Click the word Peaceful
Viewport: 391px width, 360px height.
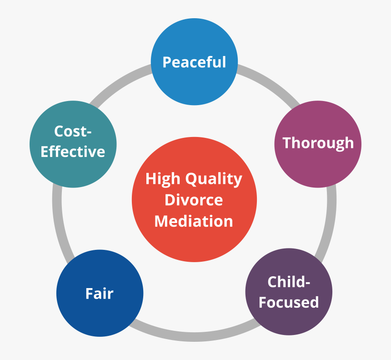pyautogui.click(x=194, y=62)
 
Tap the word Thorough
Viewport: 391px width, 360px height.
pyautogui.click(x=318, y=143)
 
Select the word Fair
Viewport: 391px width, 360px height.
pyautogui.click(x=99, y=294)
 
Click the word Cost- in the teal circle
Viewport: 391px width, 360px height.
pyautogui.click(x=73, y=132)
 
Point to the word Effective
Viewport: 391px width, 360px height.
pyautogui.click(x=73, y=152)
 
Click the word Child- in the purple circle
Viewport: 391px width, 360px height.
pyautogui.click(x=289, y=282)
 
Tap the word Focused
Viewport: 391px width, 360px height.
pyautogui.click(x=289, y=302)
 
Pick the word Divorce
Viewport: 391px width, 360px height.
pyautogui.click(x=194, y=200)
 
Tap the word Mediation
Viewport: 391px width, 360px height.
pyautogui.click(x=194, y=221)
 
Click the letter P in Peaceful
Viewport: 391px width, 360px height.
pyautogui.click(x=167, y=62)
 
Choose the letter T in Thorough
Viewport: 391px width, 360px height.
pyautogui.click(x=287, y=143)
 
